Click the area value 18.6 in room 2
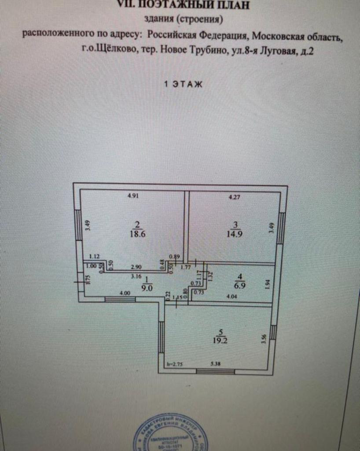click(137, 234)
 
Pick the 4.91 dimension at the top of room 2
click(133, 196)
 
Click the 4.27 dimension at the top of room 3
click(235, 197)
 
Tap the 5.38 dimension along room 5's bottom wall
click(217, 364)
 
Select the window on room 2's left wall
click(78, 225)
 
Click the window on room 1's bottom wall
click(120, 299)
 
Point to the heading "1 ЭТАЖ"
click(183, 85)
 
